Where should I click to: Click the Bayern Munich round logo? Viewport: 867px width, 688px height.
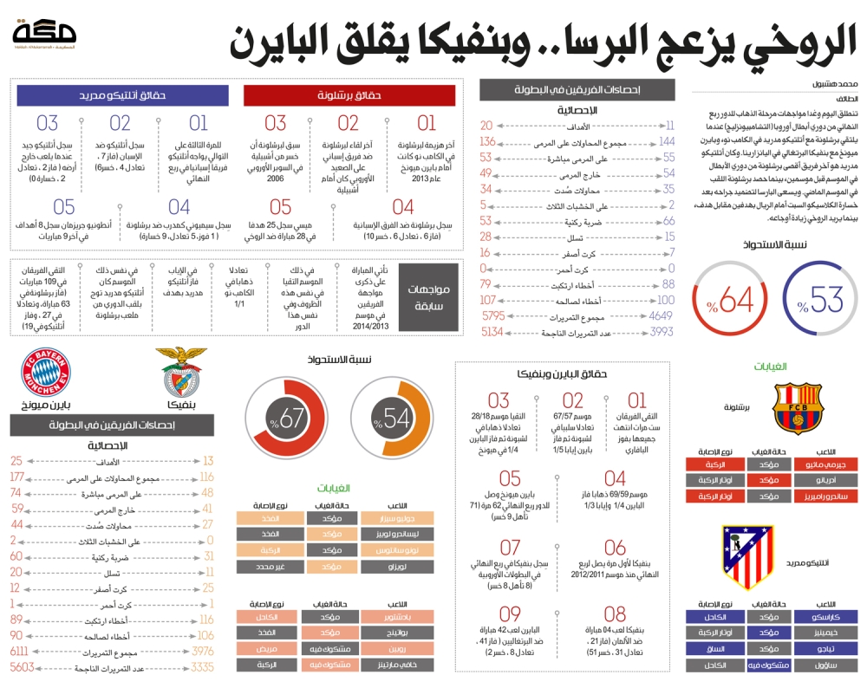tap(47, 372)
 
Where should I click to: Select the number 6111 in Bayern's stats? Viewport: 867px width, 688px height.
tap(19, 651)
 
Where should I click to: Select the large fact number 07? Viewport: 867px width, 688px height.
tap(510, 548)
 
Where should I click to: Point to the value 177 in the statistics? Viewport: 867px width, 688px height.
tap(16, 477)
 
